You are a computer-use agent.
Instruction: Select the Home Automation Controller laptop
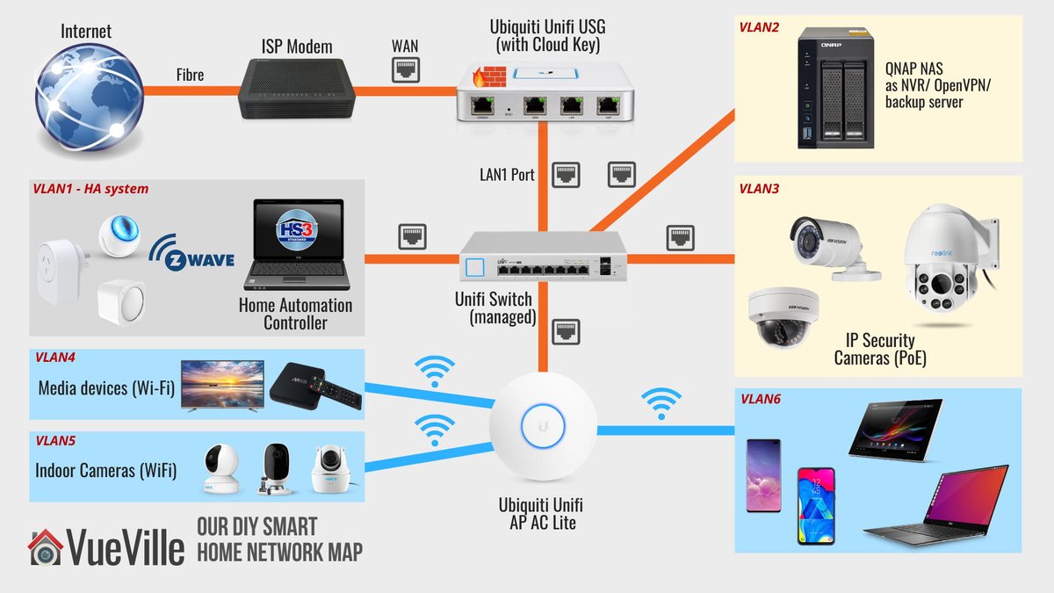tap(298, 246)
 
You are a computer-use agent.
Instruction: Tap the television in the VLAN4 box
tap(221, 385)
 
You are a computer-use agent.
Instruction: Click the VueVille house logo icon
tap(44, 547)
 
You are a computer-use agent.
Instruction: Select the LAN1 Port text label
tap(501, 174)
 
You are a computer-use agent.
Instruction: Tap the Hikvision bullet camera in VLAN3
tap(830, 243)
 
